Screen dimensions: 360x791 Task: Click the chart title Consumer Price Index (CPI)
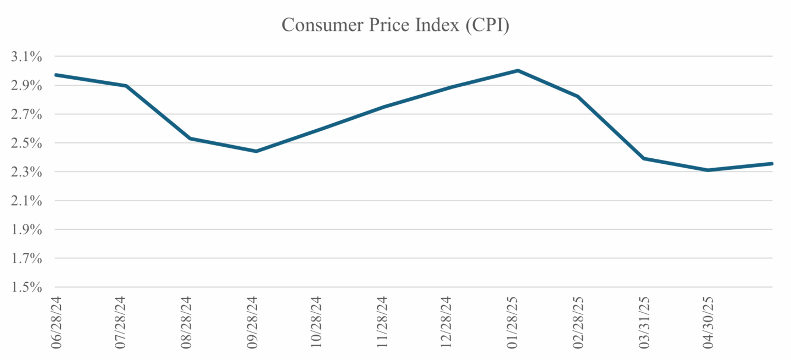coord(396,25)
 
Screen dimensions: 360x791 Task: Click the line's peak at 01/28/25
coord(517,70)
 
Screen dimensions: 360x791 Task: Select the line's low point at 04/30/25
coord(709,170)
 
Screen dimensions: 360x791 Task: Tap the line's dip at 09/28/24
coord(257,151)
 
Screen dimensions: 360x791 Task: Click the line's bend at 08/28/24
coord(190,138)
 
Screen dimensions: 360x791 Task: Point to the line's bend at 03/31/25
coord(643,158)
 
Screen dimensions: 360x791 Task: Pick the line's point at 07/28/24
coord(126,86)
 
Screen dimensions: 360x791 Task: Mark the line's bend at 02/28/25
coord(578,96)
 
